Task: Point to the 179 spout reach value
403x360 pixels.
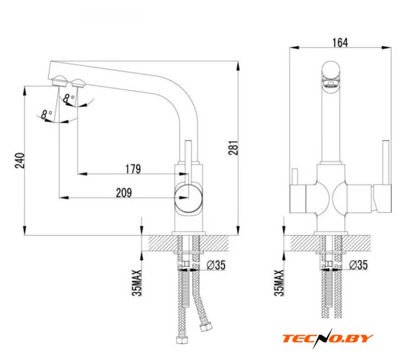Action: pos(133,168)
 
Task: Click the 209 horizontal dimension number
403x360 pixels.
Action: pos(124,192)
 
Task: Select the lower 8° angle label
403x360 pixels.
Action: pos(47,114)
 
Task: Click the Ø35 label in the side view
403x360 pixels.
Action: pos(216,264)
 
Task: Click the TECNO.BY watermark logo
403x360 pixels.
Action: pos(328,338)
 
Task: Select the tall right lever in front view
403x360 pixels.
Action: pos(386,163)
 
